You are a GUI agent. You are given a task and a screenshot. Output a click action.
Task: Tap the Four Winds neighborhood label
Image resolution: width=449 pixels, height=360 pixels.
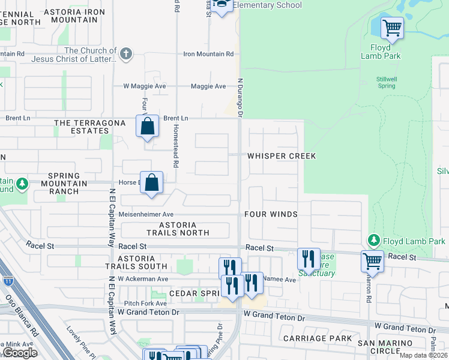pyautogui.click(x=271, y=214)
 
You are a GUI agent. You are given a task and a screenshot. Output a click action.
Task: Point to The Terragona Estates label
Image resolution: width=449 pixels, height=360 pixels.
pyautogui.click(x=90, y=127)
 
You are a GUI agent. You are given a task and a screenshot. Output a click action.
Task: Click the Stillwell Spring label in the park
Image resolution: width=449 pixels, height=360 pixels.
pyautogui.click(x=386, y=82)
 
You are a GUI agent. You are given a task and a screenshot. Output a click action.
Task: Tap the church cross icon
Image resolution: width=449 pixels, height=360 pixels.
pyautogui.click(x=125, y=54)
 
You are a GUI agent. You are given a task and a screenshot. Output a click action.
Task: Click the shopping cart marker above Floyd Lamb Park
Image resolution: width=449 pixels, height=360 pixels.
pyautogui.click(x=392, y=27)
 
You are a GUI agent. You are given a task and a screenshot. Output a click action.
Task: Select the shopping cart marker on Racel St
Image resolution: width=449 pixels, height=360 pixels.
pyautogui.click(x=373, y=262)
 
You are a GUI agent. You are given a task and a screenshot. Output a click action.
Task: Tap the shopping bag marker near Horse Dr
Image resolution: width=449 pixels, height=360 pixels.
pyautogui.click(x=152, y=184)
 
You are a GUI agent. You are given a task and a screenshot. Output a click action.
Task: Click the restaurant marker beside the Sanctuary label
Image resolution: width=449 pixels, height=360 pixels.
pyautogui.click(x=309, y=259)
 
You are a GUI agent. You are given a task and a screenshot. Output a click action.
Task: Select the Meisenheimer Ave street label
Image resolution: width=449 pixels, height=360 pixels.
pyautogui.click(x=146, y=214)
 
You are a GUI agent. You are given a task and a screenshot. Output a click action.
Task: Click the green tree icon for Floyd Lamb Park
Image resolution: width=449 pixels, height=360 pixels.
pyautogui.click(x=374, y=241)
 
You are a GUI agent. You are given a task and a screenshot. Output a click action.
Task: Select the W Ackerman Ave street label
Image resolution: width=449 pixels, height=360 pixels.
pyautogui.click(x=143, y=279)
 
